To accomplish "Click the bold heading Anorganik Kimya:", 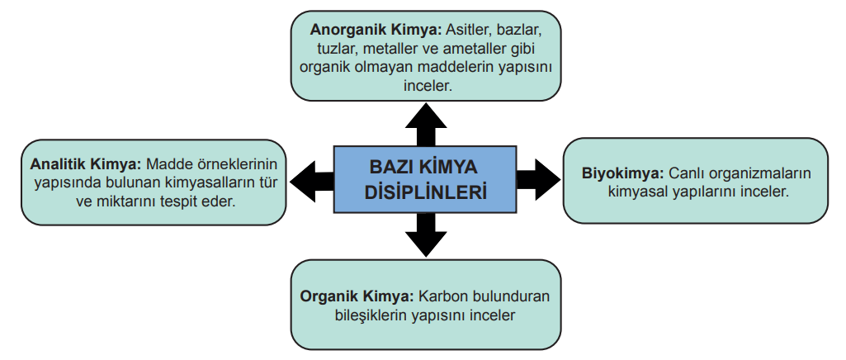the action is point(376,29).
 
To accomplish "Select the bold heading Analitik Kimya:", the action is point(86,163).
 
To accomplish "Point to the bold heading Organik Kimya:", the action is point(357,296).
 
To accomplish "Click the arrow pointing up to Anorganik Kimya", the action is point(426,124).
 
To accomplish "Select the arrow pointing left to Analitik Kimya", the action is point(312,182).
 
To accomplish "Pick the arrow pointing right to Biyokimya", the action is point(538,180).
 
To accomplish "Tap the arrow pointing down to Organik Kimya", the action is point(426,234).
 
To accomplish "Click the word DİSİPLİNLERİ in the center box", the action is point(425,192).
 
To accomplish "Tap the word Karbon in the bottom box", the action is point(443,296).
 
